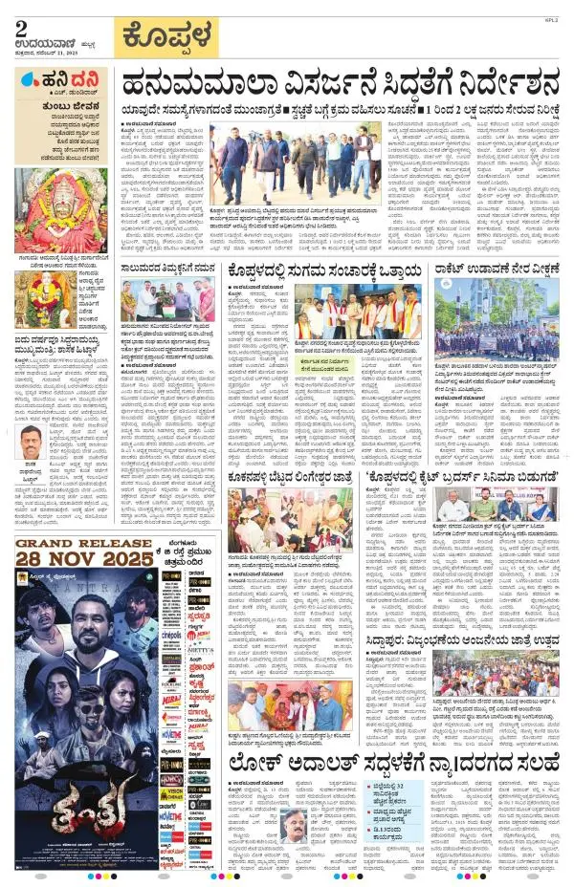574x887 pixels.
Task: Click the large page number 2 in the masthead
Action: [21, 29]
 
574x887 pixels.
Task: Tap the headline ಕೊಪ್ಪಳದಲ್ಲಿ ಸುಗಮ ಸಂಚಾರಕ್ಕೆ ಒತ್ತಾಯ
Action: [324, 272]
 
